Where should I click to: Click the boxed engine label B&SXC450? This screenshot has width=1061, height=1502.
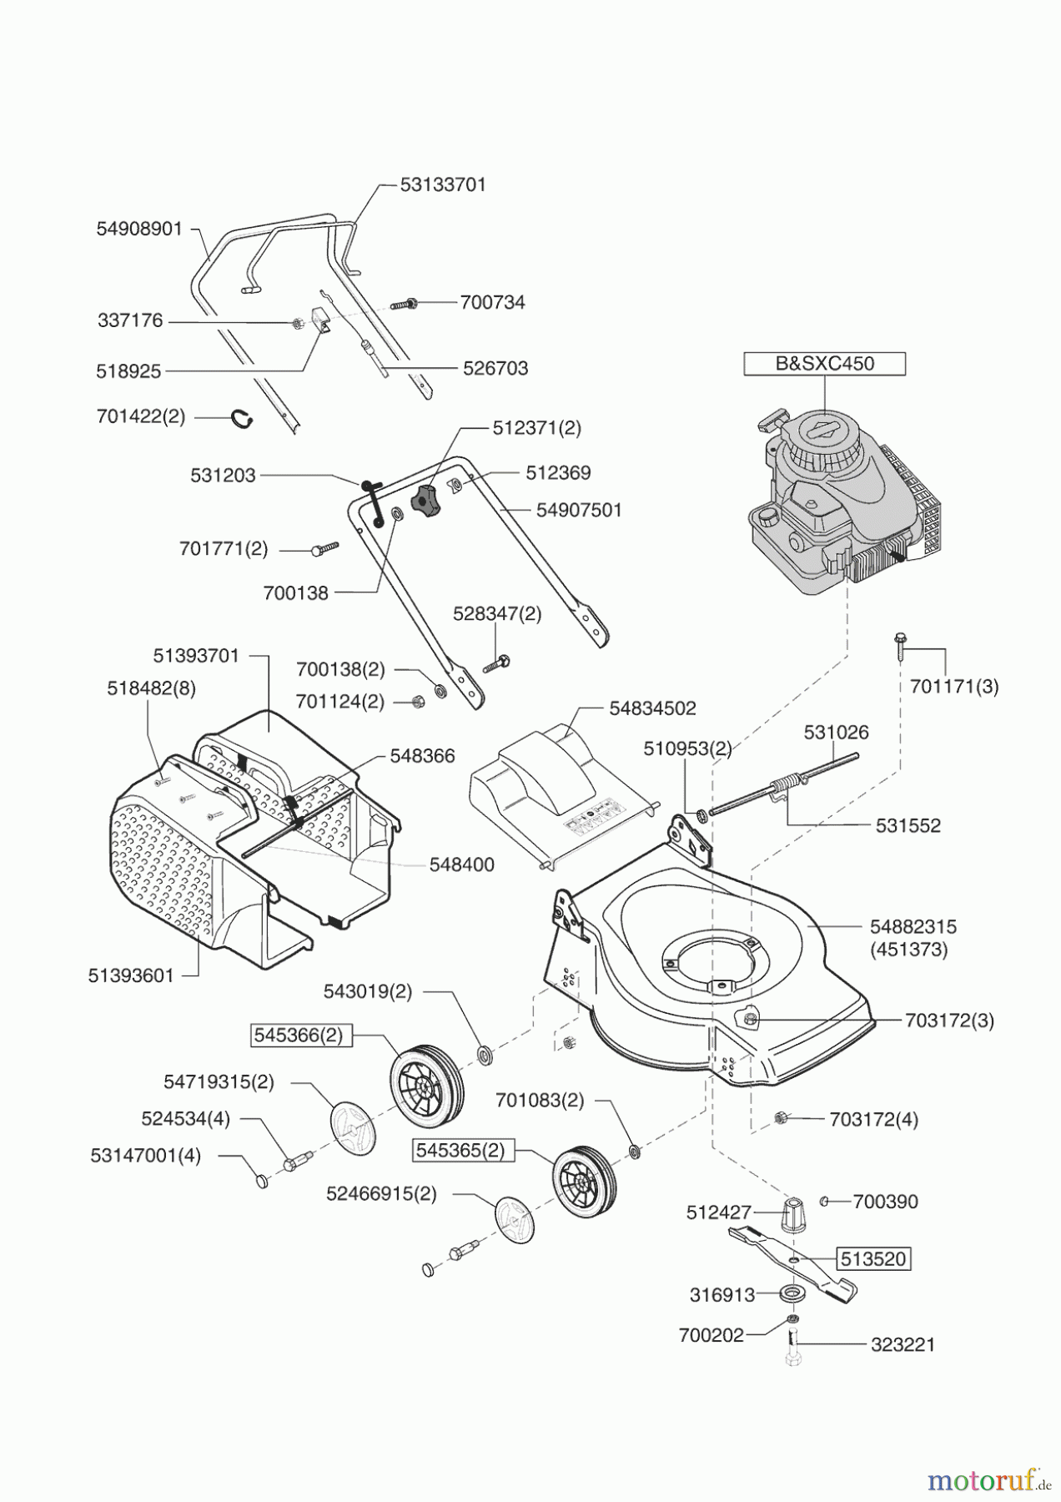click(823, 365)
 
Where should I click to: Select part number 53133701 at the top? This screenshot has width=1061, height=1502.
click(443, 184)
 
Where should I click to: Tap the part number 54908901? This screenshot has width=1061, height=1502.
click(139, 229)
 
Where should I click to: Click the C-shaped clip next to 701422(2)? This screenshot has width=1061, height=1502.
click(243, 418)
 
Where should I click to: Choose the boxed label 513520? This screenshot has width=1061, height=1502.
click(872, 1258)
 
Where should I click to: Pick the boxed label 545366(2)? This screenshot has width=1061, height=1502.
click(299, 1035)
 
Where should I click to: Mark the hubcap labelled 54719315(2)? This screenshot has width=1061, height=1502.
click(354, 1128)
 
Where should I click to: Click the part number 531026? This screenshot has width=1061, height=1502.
click(836, 732)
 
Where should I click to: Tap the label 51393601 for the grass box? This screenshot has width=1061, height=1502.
click(131, 975)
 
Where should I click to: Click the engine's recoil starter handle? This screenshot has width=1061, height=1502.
click(772, 420)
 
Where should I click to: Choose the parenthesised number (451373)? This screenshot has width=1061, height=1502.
click(908, 949)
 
